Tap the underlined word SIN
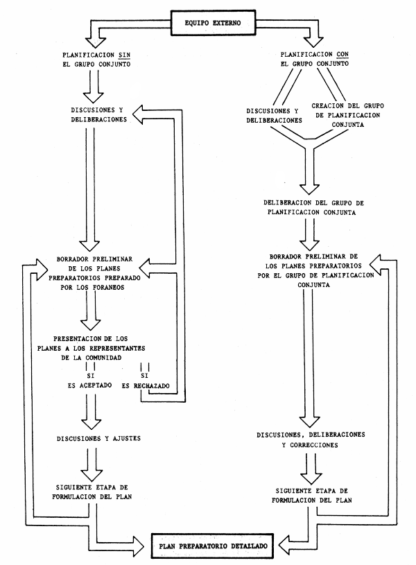pos(124,53)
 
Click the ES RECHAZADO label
pos(147,385)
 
